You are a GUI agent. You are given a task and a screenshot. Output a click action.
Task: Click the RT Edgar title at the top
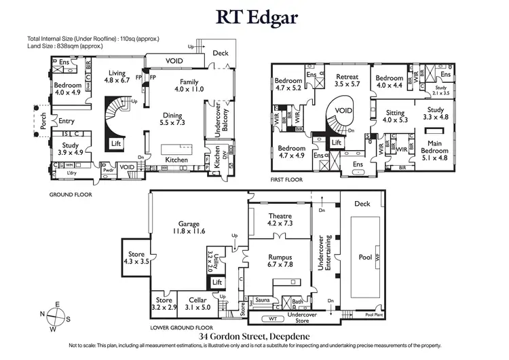254,17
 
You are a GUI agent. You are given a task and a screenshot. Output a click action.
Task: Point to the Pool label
365,257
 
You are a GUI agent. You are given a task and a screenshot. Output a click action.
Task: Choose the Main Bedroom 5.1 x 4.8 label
434,147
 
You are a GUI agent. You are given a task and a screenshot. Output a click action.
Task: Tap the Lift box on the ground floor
115,144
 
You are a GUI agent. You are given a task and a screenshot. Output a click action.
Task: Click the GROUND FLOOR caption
70,194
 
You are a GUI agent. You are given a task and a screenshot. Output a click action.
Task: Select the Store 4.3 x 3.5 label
136,257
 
